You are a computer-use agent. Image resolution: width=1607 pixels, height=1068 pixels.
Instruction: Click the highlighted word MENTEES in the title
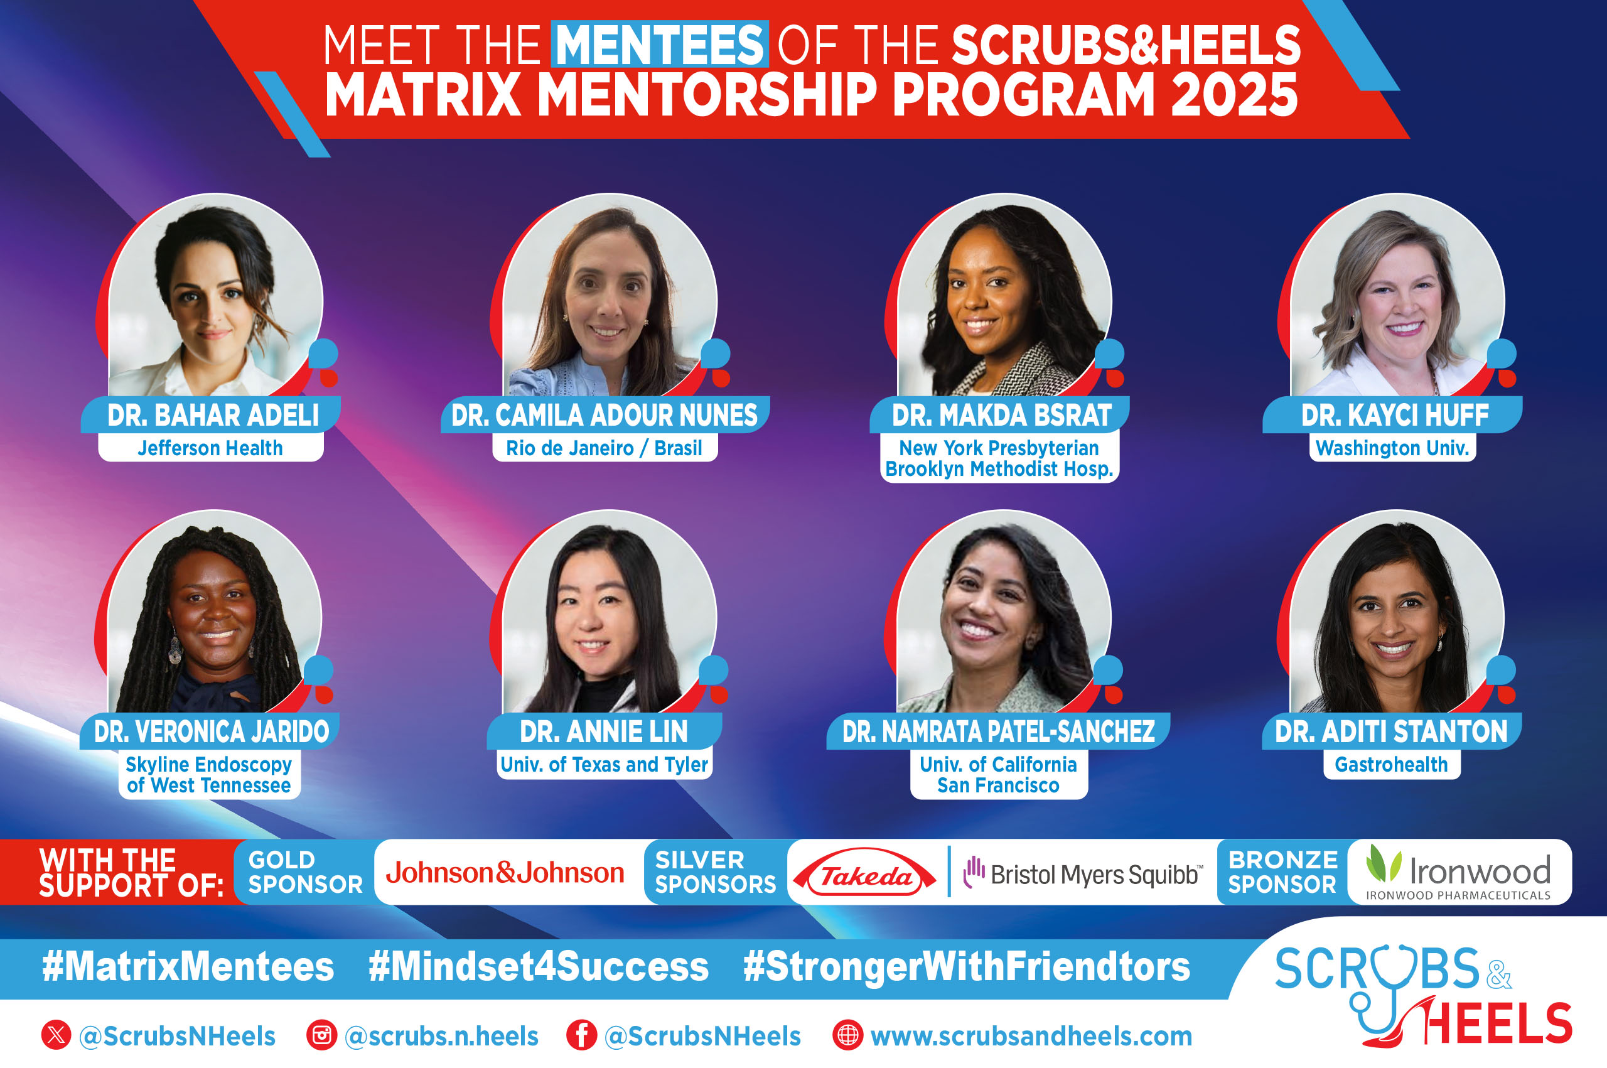click(660, 45)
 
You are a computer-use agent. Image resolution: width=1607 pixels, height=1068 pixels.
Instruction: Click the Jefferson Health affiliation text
click(210, 448)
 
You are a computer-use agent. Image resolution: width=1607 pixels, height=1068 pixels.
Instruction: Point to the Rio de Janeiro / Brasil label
click(604, 448)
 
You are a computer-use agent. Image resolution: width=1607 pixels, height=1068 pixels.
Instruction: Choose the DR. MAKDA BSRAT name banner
click(1002, 415)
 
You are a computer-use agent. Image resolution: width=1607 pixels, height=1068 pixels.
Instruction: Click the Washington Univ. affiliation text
click(1392, 448)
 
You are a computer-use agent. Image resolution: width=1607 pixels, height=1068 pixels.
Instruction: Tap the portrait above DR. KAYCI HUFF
click(1397, 296)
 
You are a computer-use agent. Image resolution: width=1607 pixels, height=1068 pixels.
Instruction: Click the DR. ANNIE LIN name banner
click(604, 731)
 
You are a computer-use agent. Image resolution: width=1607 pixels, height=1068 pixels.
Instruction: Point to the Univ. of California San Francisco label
click(998, 775)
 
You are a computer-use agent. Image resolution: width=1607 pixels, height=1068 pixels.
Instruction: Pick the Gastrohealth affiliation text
click(1391, 765)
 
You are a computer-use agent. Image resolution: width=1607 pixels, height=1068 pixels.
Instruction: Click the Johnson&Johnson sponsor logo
click(505, 873)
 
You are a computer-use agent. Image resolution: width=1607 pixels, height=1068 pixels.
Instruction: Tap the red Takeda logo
click(865, 873)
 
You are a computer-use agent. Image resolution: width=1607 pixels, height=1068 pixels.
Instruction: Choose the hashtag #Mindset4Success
click(539, 967)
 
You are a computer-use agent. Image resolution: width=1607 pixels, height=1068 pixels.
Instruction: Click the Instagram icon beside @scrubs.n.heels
click(322, 1036)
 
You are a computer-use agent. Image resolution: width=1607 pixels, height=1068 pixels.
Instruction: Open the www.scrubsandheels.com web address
click(1031, 1037)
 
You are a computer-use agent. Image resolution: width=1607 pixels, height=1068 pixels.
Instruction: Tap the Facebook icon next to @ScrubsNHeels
click(581, 1036)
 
